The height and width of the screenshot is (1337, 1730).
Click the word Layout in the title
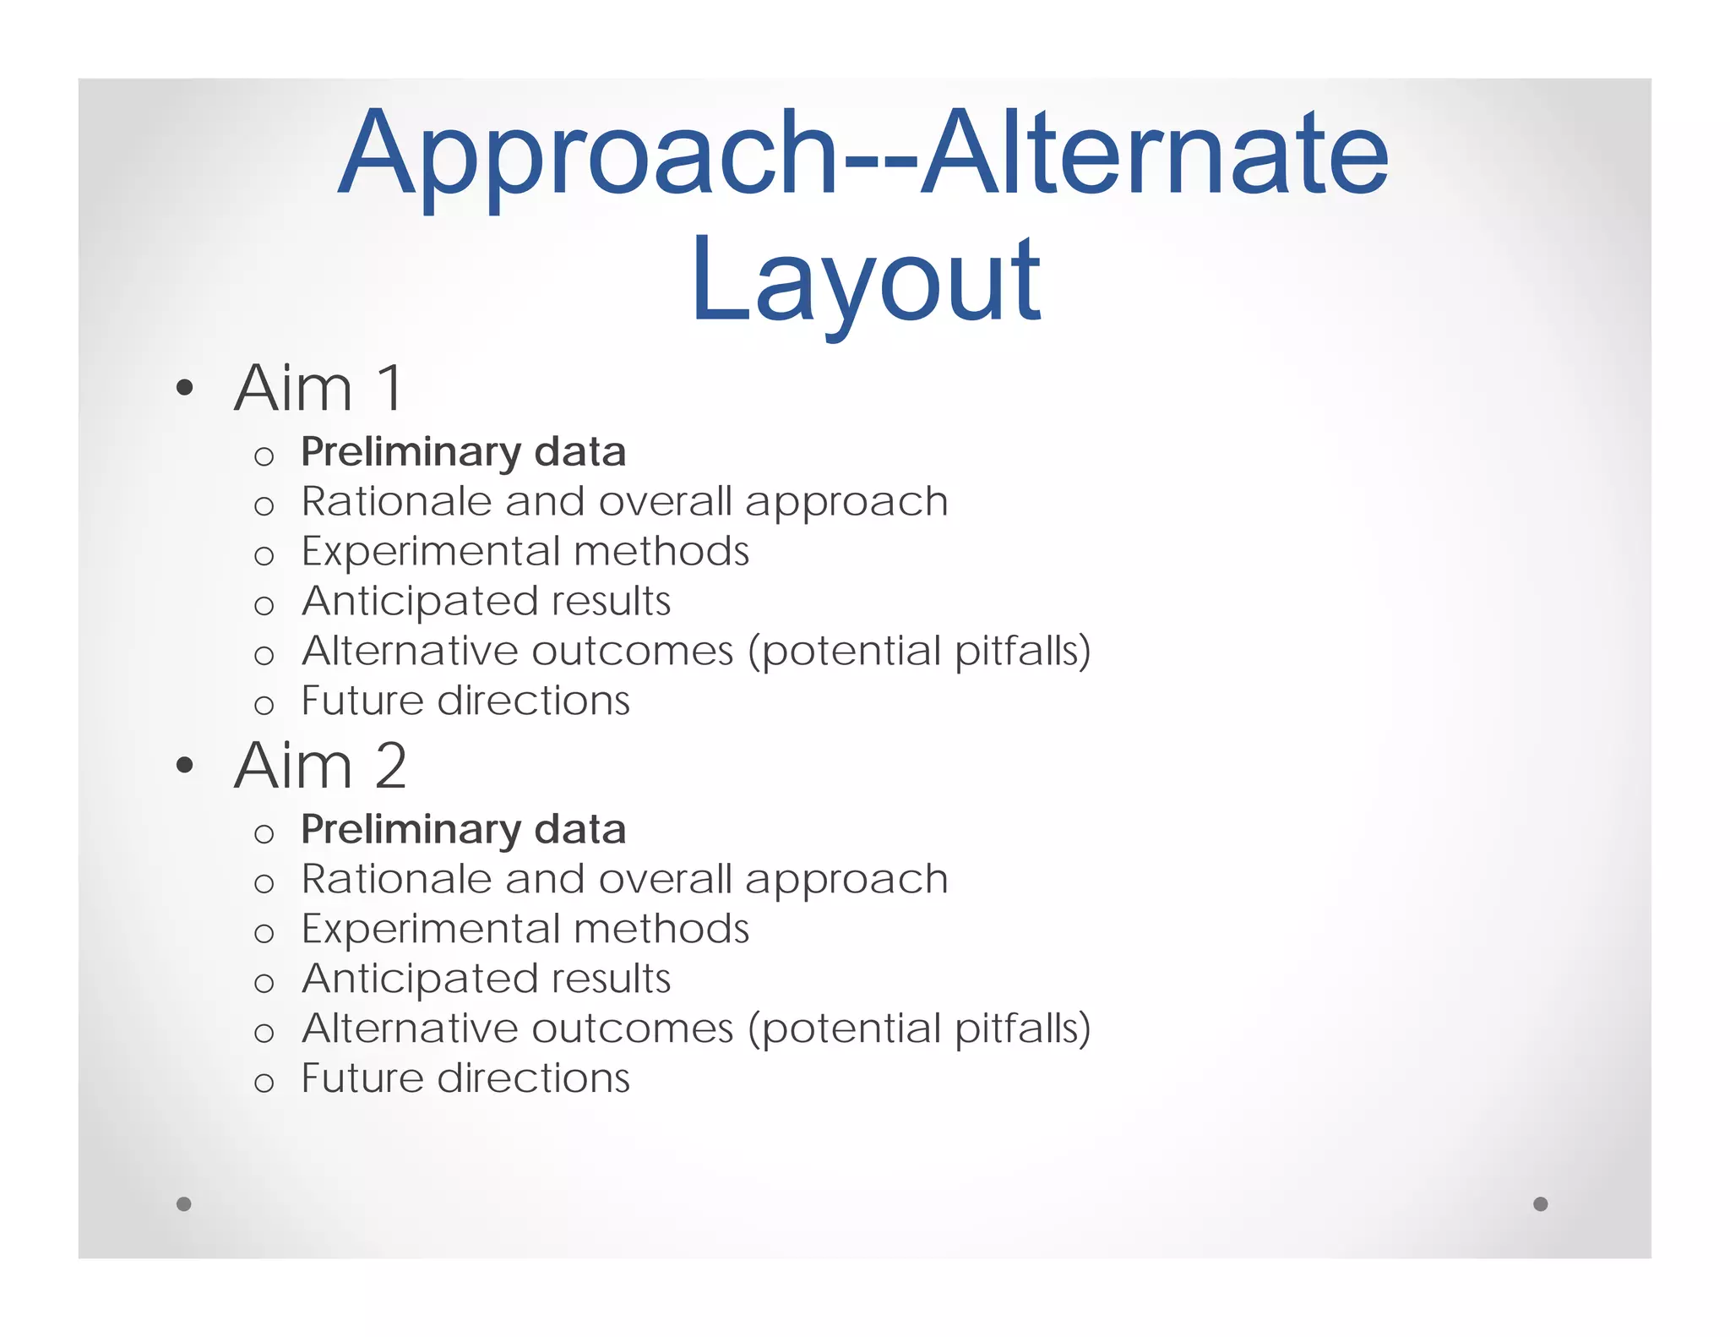pyautogui.click(x=866, y=281)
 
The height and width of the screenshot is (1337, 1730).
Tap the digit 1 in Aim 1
pyautogui.click(x=390, y=388)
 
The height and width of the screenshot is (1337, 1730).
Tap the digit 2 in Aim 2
pyautogui.click(x=390, y=766)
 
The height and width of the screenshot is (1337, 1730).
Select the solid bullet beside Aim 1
pyautogui.click(x=185, y=390)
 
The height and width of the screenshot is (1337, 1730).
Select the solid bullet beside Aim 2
pyautogui.click(x=185, y=767)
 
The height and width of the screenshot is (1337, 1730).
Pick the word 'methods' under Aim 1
pyautogui.click(x=661, y=551)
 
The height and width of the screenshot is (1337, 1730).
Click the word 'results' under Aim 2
pyautogui.click(x=611, y=979)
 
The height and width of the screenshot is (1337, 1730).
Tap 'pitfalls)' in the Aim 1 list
pyautogui.click(x=1022, y=652)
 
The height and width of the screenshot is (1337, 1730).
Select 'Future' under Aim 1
pyautogui.click(x=361, y=701)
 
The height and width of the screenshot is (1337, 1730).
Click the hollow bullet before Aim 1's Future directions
pyautogui.click(x=264, y=705)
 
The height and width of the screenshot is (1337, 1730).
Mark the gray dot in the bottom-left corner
pyautogui.click(x=184, y=1203)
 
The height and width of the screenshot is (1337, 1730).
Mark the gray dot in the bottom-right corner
pyautogui.click(x=1540, y=1203)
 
